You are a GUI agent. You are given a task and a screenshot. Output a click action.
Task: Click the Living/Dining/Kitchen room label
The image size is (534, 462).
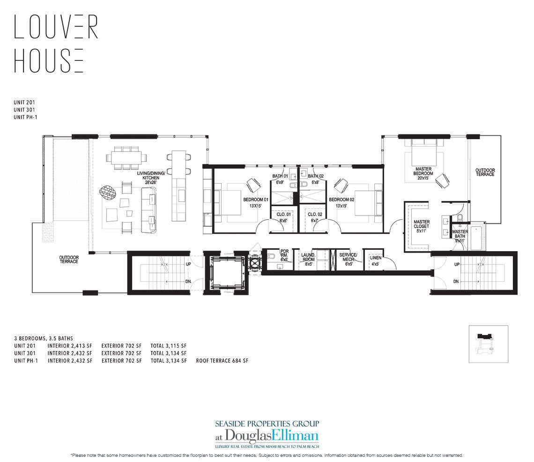[x=148, y=175]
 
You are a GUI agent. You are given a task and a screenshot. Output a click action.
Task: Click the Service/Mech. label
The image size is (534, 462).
[x=348, y=259]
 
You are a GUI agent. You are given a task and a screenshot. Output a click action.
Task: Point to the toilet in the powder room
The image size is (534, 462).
[x=272, y=257]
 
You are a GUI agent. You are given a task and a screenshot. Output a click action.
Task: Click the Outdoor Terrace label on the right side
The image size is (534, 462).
[x=485, y=172]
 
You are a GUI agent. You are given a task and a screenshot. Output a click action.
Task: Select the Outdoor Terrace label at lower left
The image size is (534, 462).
[x=68, y=259]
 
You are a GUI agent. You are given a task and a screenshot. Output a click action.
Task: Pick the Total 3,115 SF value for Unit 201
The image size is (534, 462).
[x=169, y=345]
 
